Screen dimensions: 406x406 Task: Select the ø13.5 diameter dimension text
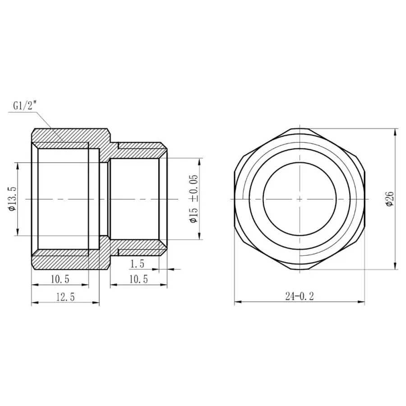(x=12, y=199)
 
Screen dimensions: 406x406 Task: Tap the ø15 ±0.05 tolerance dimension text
(x=194, y=199)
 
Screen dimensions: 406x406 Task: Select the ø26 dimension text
(x=390, y=199)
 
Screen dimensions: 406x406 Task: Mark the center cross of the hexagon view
(x=300, y=199)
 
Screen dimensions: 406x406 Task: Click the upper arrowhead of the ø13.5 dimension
(x=18, y=165)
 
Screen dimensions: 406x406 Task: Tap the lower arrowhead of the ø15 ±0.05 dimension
(x=199, y=237)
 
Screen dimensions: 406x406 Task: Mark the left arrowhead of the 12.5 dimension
(x=33, y=303)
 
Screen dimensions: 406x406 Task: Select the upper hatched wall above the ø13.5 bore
(x=68, y=135)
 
